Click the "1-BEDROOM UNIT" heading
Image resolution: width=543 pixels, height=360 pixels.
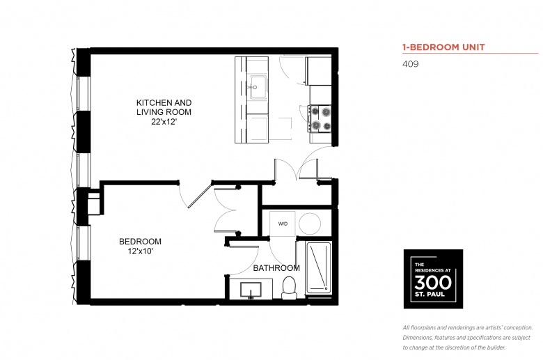(443, 47)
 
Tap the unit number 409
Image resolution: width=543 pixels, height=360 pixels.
(410, 64)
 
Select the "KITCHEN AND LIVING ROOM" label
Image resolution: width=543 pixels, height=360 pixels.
(164, 107)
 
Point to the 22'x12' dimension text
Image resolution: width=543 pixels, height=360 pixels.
(164, 121)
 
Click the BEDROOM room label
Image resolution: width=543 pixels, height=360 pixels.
(140, 242)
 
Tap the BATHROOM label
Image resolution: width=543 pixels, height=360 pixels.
(276, 268)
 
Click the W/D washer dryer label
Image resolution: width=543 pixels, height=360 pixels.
(283, 224)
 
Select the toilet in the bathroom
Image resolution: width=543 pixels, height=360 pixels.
(289, 288)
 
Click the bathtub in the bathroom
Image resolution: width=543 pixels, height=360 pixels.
(319, 267)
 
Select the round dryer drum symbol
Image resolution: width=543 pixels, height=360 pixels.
(310, 224)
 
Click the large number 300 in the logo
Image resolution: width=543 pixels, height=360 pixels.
(433, 282)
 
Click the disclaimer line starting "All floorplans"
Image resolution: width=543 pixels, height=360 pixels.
(467, 327)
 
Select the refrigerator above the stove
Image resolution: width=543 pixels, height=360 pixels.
(319, 70)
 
